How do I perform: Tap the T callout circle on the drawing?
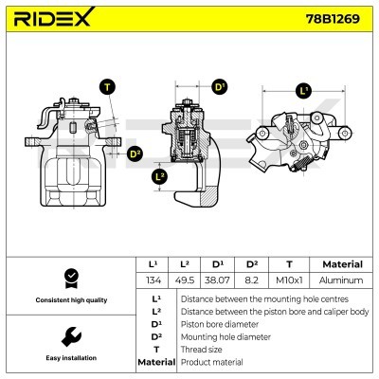pos(108,88)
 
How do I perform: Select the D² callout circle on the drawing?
pos(135,153)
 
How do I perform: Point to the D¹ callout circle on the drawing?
pos(221,87)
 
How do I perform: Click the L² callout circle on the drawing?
pos(160,176)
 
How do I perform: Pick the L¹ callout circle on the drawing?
pos(303,91)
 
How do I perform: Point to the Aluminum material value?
pos(342,280)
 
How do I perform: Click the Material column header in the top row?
pos(342,264)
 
